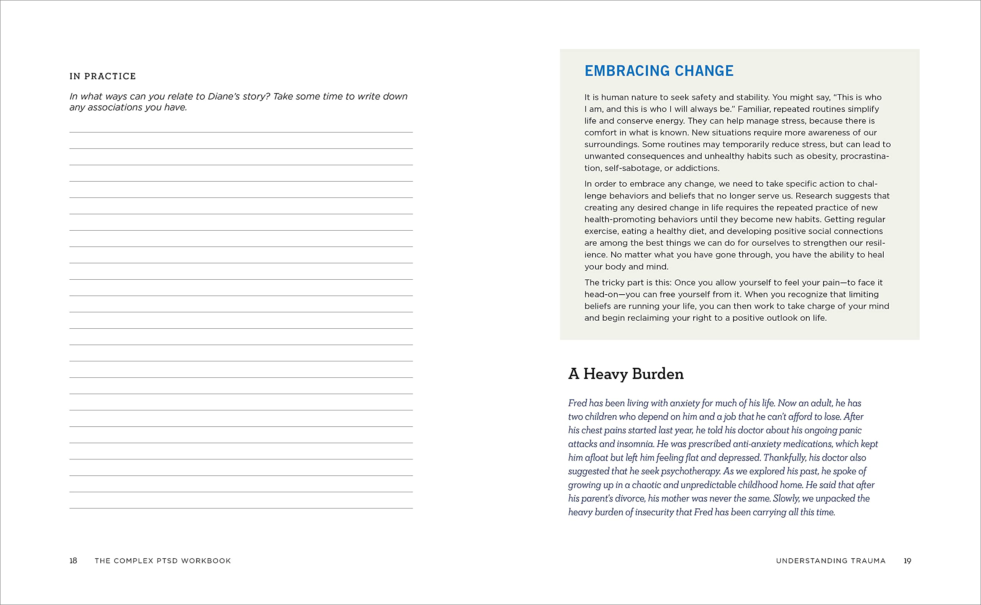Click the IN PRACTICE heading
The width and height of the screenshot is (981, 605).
pos(103,76)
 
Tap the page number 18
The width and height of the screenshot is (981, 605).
pos(73,561)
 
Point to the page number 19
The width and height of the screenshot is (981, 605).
pos(907,561)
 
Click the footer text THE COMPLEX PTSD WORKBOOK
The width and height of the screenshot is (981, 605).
pos(163,561)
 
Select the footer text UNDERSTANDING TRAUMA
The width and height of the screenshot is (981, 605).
pos(830,561)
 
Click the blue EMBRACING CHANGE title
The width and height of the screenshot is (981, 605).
pos(659,71)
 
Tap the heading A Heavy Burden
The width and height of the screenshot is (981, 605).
pos(626,374)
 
